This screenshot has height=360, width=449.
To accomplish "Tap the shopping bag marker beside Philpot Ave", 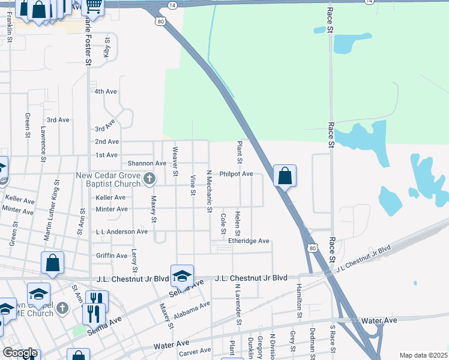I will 285,176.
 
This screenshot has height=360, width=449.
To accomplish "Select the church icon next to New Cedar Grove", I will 150,178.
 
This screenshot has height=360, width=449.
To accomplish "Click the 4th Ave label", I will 106,91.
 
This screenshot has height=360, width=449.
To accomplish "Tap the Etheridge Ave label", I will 249,241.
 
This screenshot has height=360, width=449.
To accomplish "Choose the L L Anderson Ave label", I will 122,232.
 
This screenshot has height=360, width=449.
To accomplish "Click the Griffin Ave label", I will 112,256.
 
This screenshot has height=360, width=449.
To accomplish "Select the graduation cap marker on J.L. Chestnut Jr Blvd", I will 182,276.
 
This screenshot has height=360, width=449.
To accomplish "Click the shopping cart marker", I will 93,6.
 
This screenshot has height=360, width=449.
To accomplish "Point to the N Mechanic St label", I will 209,191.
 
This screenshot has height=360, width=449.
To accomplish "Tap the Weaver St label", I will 175,161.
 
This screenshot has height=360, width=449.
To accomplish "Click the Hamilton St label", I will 298,301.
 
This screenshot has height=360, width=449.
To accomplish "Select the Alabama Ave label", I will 192,311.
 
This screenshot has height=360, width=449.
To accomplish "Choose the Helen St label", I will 238,224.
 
